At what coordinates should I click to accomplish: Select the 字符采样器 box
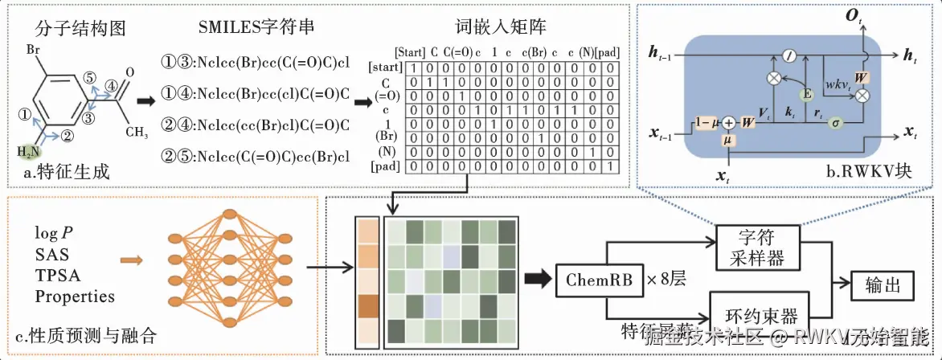tap(756, 247)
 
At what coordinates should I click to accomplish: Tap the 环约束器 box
tap(756, 316)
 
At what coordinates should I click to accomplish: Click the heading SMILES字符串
tap(256, 27)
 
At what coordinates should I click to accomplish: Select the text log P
tap(54, 233)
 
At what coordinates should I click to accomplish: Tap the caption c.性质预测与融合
tap(83, 332)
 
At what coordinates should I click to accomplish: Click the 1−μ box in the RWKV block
tap(707, 123)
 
